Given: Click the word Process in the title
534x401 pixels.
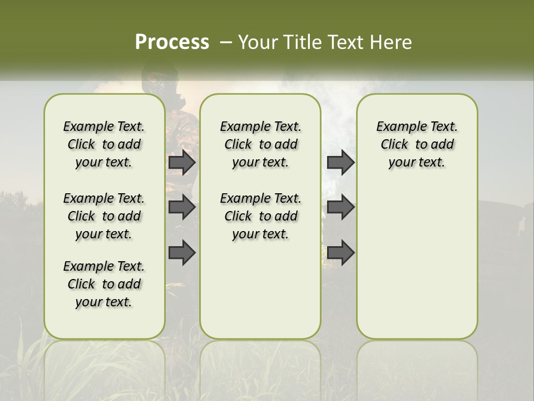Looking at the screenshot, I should point(172,42).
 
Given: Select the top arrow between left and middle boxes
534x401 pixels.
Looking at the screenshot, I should point(181,162).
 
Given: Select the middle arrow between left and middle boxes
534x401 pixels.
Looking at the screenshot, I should point(181,207).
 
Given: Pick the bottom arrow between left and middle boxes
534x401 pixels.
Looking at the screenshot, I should point(181,252).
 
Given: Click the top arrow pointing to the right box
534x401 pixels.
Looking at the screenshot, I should point(340,162).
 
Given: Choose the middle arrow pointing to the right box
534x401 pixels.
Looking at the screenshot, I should point(340,207).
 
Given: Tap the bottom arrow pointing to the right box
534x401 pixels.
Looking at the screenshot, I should point(340,252).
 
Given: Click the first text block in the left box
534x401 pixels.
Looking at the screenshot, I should point(104,144).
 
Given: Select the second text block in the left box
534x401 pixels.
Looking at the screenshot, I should point(104,216).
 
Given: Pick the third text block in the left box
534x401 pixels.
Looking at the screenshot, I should point(104,284).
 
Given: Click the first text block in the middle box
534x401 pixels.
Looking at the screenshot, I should point(260,144).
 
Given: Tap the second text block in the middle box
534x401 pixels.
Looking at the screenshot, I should point(260,216).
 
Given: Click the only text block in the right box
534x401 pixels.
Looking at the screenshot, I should point(417,144).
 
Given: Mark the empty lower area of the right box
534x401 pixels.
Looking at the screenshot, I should point(417,262).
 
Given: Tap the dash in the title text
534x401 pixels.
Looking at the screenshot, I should point(225,42).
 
